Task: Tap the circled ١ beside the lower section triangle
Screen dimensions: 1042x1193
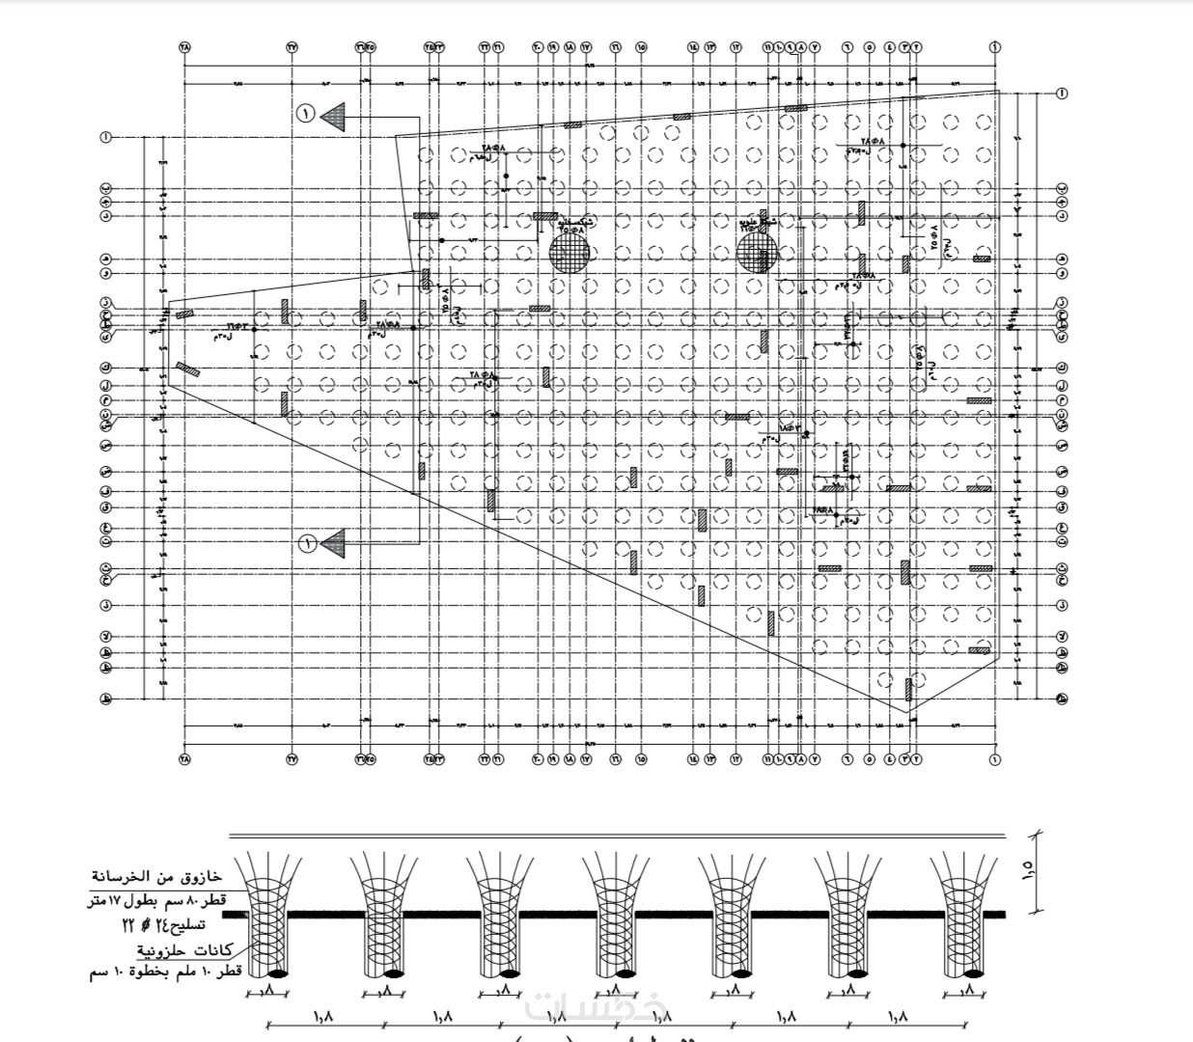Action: click(306, 544)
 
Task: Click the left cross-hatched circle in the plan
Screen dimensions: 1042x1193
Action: click(569, 253)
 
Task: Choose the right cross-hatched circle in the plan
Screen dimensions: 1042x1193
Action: click(757, 253)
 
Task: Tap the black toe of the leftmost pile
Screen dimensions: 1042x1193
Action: click(276, 973)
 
